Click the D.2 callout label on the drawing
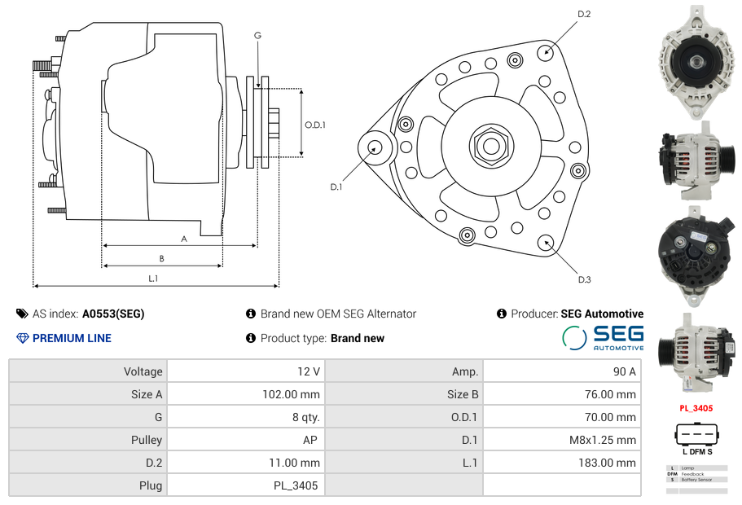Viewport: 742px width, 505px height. (x=584, y=14)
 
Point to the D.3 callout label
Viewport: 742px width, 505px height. (x=584, y=280)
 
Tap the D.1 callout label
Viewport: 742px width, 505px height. (x=336, y=187)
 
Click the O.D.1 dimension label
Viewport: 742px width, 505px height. (x=315, y=125)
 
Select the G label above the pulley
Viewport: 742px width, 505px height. (x=257, y=35)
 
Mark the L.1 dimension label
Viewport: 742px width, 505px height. (x=153, y=278)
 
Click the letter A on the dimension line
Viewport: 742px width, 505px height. (x=184, y=239)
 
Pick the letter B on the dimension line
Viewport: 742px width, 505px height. (x=162, y=258)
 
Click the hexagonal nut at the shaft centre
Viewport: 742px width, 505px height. (x=490, y=146)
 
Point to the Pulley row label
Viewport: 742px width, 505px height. (x=147, y=440)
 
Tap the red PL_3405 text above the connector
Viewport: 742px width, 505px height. (x=696, y=408)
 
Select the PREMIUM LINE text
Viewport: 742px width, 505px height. (x=72, y=338)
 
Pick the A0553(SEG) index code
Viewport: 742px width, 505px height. (x=113, y=314)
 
